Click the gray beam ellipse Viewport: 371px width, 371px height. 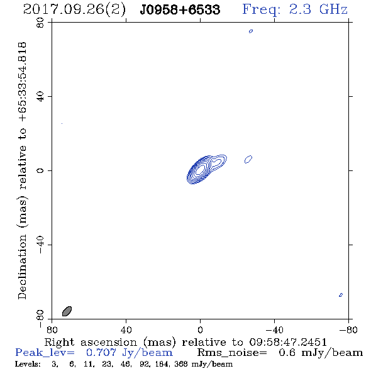67,311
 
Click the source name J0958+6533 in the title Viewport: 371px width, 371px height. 180,10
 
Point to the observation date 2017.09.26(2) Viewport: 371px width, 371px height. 75,10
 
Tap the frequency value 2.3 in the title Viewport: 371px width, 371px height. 300,9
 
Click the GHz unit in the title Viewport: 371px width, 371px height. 333,9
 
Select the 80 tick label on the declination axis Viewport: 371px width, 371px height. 40,23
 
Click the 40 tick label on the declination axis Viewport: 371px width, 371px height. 40,97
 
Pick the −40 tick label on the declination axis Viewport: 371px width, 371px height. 40,245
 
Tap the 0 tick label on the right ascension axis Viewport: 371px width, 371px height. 200,330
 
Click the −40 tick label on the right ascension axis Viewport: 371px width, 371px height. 274,330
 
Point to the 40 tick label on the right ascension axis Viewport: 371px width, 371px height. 126,330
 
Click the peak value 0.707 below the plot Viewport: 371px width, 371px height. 101,353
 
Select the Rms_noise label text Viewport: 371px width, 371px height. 232,353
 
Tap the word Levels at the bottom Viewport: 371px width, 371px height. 28,364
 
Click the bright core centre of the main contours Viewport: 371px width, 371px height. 201,169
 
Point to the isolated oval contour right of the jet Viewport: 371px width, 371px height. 248,159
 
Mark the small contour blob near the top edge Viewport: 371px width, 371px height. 251,31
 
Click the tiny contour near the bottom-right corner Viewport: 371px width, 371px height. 341,295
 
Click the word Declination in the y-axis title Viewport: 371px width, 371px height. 22,267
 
